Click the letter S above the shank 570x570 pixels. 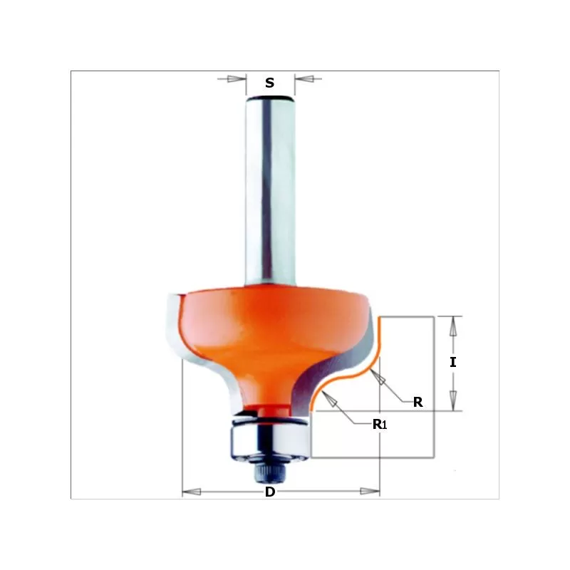pos(269,83)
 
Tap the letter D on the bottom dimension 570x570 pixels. pos(270,492)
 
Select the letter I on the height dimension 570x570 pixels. pos(453,362)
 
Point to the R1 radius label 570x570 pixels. pos(379,425)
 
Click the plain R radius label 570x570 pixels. pos(418,402)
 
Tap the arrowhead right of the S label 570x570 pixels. pos(303,78)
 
